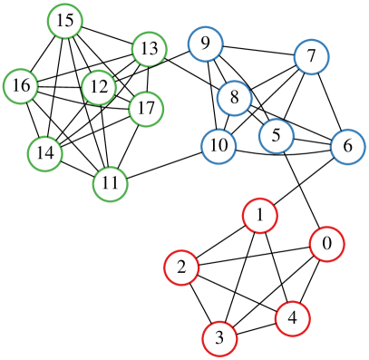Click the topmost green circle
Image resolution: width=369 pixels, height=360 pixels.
point(64,21)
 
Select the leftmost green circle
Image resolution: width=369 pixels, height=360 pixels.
point(20,86)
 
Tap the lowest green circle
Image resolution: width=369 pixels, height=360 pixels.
point(110,184)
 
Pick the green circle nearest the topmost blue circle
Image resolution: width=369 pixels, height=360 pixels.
point(149,49)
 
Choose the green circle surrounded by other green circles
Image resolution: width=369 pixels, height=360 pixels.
point(98,87)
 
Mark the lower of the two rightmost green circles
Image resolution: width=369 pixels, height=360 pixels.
point(146,109)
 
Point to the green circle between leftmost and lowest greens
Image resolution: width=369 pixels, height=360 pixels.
point(44,154)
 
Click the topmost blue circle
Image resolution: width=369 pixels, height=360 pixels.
point(206,44)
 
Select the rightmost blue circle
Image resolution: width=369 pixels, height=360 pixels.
point(347,147)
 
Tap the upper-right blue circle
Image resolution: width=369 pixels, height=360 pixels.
point(311,57)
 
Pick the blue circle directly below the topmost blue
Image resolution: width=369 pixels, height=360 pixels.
point(234,98)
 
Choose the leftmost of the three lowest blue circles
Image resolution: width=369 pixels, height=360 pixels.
point(218,146)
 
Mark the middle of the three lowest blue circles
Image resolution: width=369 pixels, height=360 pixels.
point(276,136)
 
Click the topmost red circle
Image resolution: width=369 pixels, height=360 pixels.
point(259,216)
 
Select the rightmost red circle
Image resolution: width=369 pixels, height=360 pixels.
point(326,244)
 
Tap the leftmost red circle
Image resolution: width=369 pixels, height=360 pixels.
point(181,268)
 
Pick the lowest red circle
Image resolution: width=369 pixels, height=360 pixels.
point(219,338)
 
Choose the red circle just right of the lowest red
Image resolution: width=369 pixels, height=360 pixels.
point(292,318)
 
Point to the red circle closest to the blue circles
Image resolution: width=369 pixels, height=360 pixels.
point(259,216)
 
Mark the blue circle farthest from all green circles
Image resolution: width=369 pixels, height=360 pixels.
point(347,147)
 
